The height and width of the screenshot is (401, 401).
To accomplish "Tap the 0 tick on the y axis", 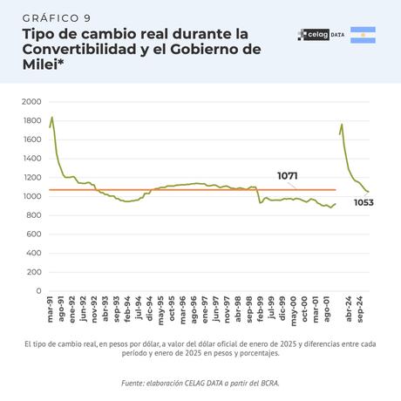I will [37, 290].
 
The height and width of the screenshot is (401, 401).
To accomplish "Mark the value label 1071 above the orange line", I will [288, 176].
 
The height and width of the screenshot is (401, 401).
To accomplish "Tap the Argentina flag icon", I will [363, 35].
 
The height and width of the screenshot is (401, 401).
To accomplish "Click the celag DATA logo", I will [320, 35].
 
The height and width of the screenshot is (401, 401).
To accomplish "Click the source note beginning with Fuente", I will [200, 383].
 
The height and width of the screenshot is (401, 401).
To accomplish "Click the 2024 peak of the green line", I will [342, 124].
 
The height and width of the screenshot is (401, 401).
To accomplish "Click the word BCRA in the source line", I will [268, 383].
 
